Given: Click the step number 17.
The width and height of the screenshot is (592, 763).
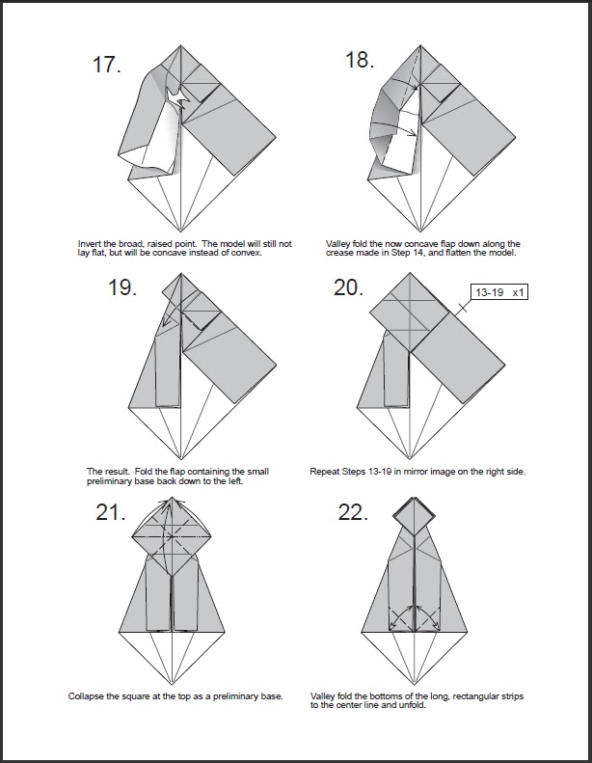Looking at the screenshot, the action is coord(106,65).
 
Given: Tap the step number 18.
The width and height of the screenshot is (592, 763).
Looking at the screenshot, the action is coord(360,60).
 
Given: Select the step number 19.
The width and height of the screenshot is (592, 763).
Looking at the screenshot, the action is coord(122,287).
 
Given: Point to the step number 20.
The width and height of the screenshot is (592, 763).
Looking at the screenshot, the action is coord(348,287).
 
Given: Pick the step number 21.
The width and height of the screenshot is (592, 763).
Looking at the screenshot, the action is coord(111,512).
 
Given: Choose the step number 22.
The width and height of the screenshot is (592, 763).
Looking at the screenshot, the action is coord(353,512).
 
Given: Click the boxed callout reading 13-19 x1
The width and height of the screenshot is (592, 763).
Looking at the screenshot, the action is coord(499,292).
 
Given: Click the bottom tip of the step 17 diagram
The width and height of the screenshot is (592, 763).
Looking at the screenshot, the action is coord(181,232).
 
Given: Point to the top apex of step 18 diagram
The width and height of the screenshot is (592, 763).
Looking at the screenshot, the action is coord(420,45).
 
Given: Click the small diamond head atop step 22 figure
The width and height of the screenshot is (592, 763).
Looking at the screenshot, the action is coord(414,516).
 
